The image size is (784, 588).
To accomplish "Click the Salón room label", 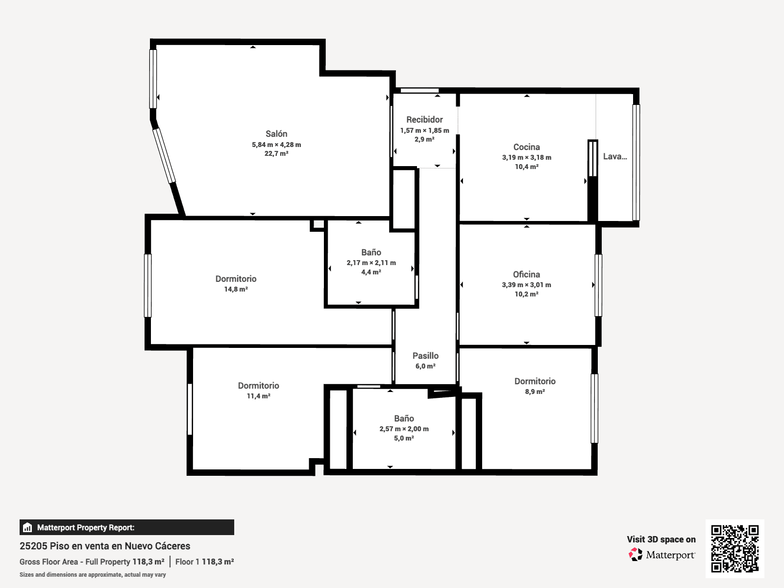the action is (x=276, y=134).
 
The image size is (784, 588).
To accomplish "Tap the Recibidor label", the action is (x=424, y=120).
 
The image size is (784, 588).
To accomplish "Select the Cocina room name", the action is (x=526, y=147).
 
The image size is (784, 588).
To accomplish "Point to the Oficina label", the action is (x=526, y=274).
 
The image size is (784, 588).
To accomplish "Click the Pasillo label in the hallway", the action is (x=425, y=356).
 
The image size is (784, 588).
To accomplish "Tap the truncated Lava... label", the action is (x=614, y=156).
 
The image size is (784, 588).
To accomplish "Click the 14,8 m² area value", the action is (x=236, y=289).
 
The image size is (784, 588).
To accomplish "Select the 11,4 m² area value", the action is (x=259, y=396).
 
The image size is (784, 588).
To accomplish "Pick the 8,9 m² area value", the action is (x=535, y=392).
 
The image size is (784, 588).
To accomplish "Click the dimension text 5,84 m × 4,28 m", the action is (x=276, y=145).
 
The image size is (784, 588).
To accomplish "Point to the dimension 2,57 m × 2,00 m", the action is (x=404, y=429).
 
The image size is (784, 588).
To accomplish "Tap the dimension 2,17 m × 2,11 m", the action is (x=371, y=263).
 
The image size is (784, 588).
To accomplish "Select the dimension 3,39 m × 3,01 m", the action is (x=526, y=285).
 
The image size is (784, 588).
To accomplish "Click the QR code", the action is (x=735, y=549).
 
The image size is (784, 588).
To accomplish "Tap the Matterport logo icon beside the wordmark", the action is (x=636, y=555).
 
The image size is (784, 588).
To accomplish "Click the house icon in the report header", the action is (x=27, y=527).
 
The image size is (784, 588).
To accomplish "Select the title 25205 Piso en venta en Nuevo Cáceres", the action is (x=105, y=546).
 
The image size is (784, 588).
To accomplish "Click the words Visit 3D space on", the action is (x=661, y=539).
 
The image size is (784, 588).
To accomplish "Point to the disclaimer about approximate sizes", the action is (x=93, y=575).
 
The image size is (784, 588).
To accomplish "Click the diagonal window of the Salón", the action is (x=164, y=156).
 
